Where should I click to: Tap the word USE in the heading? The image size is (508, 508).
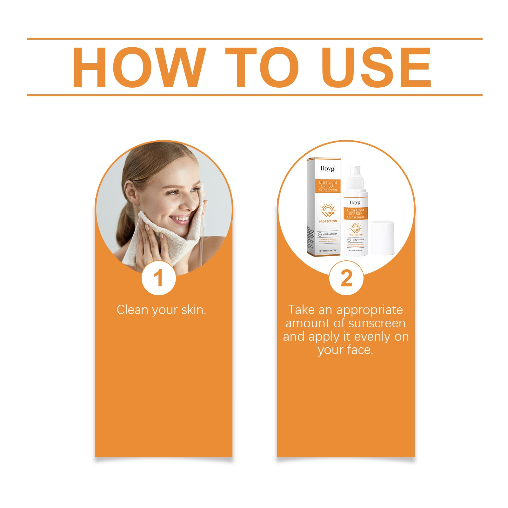coord(376,67)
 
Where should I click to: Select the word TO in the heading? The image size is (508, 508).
coord(262,67)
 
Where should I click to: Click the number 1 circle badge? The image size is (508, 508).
coord(158,278)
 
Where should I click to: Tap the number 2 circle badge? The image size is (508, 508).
coord(346,278)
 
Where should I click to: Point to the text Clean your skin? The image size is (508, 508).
coord(161,310)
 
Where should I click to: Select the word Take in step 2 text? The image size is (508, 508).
coord(302,310)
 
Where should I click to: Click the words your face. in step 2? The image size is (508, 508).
coord(345,350)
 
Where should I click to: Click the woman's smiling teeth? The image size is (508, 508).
coord(180,218)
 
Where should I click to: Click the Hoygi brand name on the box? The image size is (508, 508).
coord(328,169)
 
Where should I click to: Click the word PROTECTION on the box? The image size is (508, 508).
coord(328,221)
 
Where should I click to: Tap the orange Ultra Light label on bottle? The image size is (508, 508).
coord(355,213)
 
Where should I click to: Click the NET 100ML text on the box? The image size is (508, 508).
coord(327,251)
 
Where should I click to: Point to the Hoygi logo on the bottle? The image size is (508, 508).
coord(355,202)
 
